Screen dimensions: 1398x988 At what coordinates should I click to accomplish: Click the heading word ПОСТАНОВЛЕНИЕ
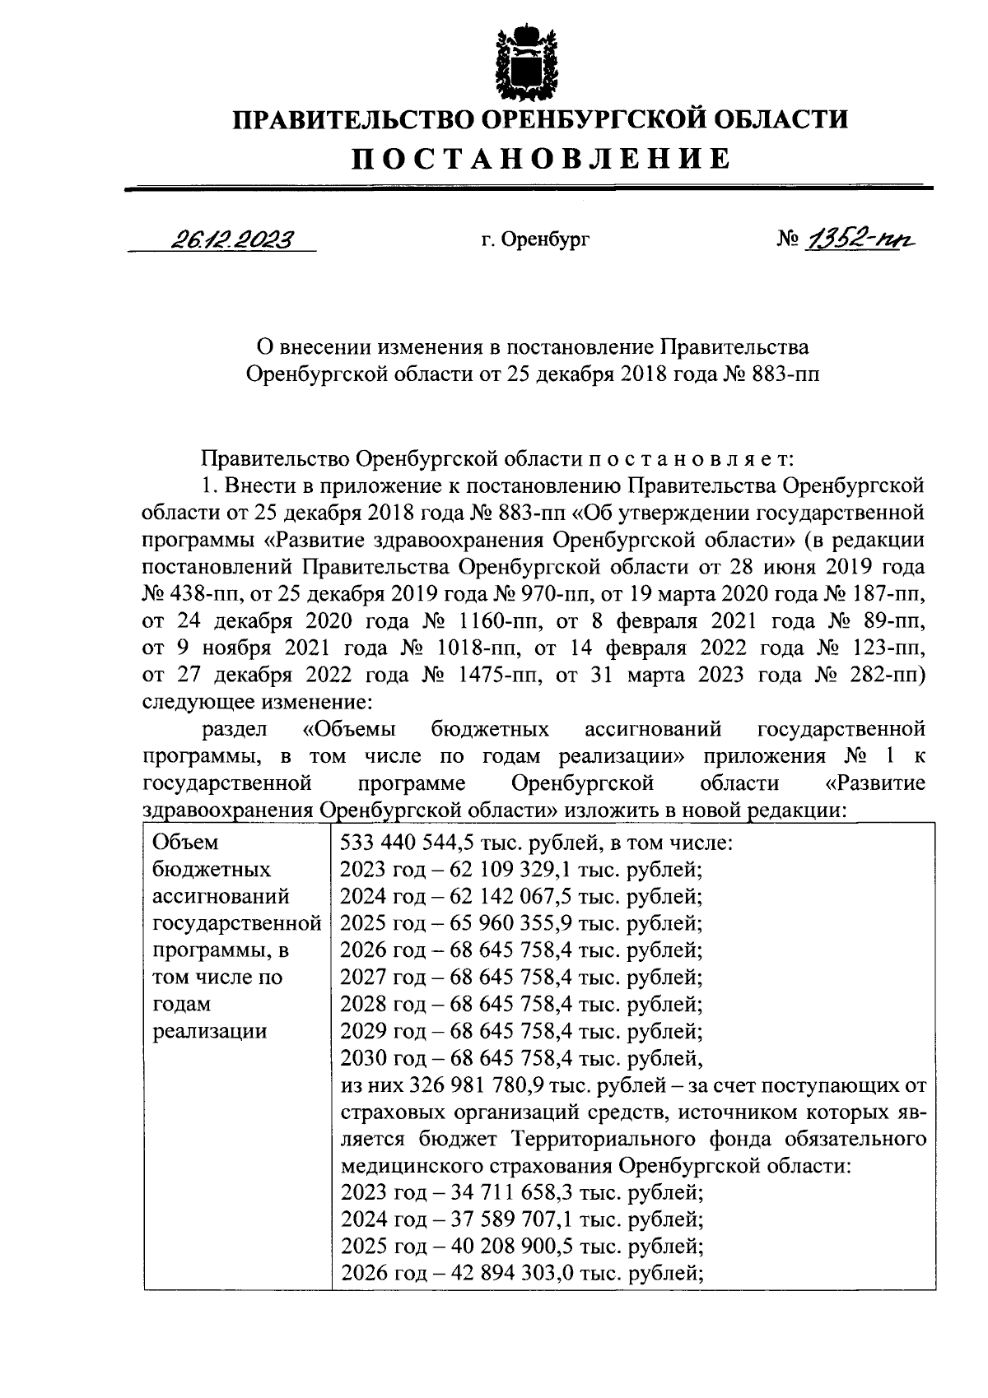541,158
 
